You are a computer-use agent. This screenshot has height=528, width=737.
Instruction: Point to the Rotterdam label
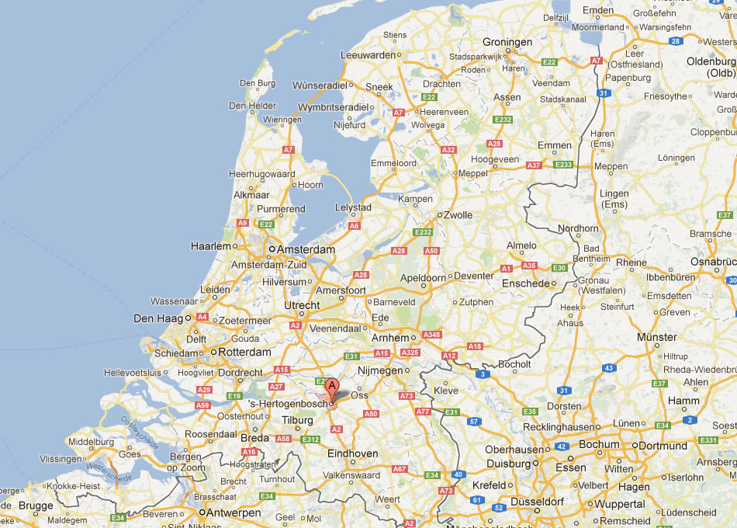[245, 352]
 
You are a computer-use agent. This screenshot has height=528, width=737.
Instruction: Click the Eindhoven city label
[352, 453]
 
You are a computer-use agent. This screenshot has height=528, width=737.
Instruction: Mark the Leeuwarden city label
[368, 55]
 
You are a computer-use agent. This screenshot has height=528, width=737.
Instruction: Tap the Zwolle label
[457, 214]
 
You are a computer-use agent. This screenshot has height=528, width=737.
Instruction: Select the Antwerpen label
[233, 512]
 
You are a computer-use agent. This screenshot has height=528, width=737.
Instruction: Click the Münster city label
[656, 337]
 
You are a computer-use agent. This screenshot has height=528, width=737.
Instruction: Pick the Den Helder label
[252, 106]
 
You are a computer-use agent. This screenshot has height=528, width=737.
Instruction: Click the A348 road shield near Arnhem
[431, 335]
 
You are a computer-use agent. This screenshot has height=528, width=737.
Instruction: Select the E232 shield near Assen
[503, 120]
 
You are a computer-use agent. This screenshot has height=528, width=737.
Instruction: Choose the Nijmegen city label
[380, 370]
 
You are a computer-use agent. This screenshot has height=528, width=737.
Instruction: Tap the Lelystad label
[352, 208]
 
